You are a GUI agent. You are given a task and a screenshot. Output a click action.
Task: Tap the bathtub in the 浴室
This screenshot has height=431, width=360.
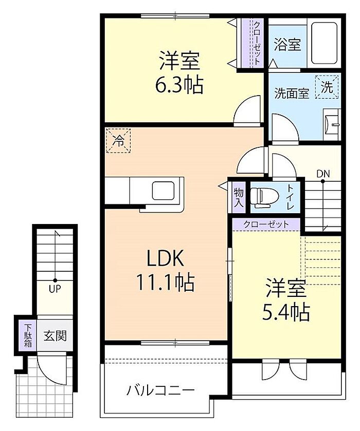point(324,43)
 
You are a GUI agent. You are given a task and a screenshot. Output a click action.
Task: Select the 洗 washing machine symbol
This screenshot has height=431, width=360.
point(327,87)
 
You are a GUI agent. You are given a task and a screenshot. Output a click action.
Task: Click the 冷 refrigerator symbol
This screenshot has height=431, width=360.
point(118,141)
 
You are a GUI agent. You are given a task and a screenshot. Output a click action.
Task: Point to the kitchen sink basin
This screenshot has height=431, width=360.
point(163,191)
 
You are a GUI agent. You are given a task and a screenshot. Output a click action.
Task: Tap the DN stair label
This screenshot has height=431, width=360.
point(323,174)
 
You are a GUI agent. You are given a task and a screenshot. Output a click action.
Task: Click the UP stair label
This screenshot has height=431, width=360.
point(55,289)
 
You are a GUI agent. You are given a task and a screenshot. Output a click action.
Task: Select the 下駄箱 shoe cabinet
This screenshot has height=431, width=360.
point(27,335)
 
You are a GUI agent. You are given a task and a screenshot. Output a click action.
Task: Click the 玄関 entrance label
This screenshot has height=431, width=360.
point(55,335)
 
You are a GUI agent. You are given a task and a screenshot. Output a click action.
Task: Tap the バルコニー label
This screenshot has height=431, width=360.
point(160,390)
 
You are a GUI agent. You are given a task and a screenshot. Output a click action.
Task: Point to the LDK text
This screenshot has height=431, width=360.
point(165,259)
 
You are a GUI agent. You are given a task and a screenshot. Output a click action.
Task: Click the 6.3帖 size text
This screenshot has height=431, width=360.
point(179,85)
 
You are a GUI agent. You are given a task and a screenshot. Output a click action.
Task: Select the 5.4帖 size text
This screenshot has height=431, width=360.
point(286,312)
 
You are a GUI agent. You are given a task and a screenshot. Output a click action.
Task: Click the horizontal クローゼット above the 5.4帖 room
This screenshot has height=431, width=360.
point(266,224)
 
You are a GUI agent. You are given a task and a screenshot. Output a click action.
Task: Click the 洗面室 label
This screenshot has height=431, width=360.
point(292,93)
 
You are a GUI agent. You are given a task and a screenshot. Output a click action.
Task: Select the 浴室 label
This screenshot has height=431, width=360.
point(287,45)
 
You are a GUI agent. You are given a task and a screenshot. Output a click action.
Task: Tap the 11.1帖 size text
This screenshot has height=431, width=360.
point(166,283)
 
